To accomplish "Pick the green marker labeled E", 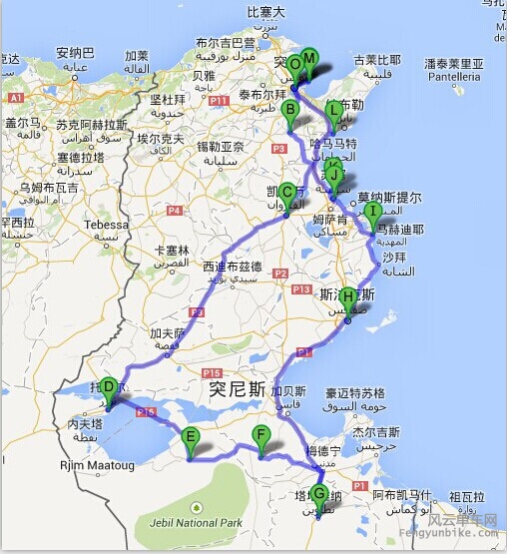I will pos(190,436).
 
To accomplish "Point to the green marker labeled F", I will pos(261,435).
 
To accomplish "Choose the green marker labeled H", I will pos(347,297).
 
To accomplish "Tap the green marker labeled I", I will pos(373,212).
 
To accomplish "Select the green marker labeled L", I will pos(333,111).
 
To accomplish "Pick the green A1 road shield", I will pos(15,98).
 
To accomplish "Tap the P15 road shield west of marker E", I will pos(146,411).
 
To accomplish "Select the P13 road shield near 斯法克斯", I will pos(300,288).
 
